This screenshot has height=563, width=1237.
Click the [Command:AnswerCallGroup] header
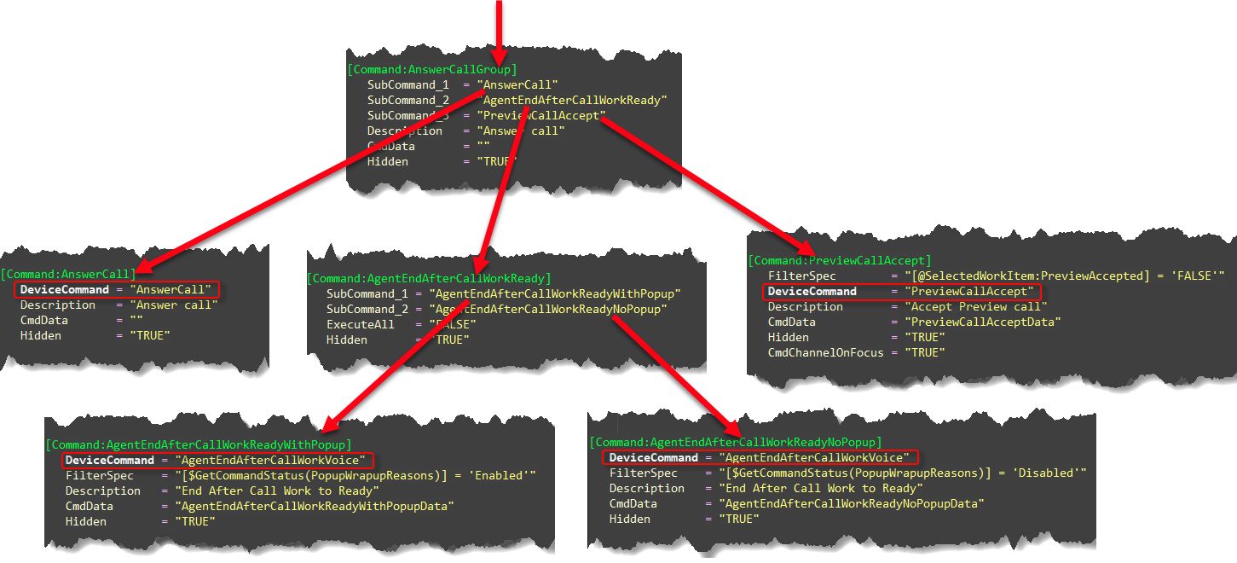(431, 69)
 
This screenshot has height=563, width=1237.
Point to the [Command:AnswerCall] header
(68, 274)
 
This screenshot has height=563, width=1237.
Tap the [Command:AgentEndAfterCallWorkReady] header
(428, 278)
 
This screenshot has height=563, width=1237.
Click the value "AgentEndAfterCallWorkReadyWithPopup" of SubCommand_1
(555, 293)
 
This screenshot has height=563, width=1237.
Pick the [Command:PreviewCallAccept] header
(840, 260)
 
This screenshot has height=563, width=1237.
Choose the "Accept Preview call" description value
(975, 306)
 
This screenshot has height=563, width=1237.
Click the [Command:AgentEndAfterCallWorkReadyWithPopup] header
(198, 444)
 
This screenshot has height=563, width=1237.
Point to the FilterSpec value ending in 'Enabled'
(355, 475)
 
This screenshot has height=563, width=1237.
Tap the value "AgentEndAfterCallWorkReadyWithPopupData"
(307, 506)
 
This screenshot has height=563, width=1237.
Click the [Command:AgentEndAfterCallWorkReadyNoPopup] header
(734, 442)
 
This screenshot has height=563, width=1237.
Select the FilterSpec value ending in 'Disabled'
(902, 473)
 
